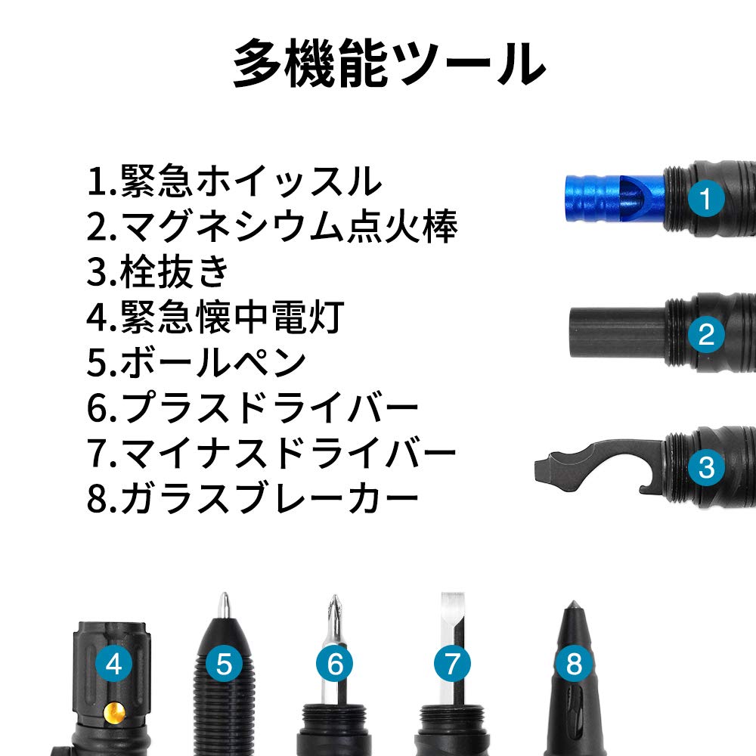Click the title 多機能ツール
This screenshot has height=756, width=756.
click(389, 65)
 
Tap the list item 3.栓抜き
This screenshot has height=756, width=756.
click(158, 272)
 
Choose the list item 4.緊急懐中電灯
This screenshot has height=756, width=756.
click(215, 318)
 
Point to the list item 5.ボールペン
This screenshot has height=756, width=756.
click(197, 363)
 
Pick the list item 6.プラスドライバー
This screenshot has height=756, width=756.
click(253, 408)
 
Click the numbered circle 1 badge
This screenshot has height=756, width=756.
click(706, 200)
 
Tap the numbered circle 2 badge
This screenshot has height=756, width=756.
click(706, 333)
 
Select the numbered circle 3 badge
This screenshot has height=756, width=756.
click(706, 466)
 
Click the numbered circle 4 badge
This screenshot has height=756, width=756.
click(114, 665)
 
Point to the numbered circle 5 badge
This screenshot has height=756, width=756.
click(224, 665)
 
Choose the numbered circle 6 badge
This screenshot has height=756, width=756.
click(335, 665)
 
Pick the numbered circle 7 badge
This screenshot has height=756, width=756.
click(452, 665)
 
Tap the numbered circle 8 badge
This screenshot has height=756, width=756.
click(574, 665)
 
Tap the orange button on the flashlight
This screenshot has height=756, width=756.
click(115, 712)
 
